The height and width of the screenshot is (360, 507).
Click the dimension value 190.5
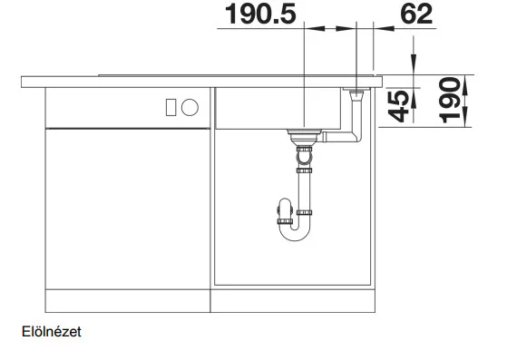point(260,15)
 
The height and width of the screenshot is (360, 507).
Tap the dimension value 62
point(416,15)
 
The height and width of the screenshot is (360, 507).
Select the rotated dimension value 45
point(399,106)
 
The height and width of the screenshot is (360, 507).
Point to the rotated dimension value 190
point(450,100)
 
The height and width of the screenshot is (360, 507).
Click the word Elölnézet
point(52,332)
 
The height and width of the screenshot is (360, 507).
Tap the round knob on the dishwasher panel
point(190,107)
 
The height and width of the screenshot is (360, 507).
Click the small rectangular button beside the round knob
point(171,107)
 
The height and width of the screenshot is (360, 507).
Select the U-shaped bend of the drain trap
point(294,232)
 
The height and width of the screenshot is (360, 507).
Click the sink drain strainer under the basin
point(304,137)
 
